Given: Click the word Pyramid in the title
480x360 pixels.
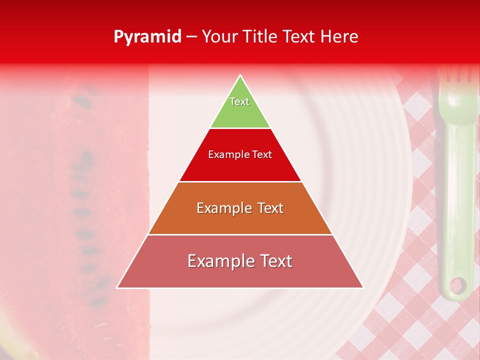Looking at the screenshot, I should coord(147,37).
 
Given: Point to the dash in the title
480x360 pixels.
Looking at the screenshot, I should coord(191,37).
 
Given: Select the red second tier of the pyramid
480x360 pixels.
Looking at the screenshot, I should coord(240,162).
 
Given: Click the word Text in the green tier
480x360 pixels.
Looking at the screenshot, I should coord(239,101).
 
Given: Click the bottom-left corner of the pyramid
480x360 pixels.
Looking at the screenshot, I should coord(117,287).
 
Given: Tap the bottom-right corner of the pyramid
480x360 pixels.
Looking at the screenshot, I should coord(363,287).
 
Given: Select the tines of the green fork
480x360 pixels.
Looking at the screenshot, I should coord(455,75).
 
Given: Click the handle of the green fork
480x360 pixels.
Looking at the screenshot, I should coord(458,200).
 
